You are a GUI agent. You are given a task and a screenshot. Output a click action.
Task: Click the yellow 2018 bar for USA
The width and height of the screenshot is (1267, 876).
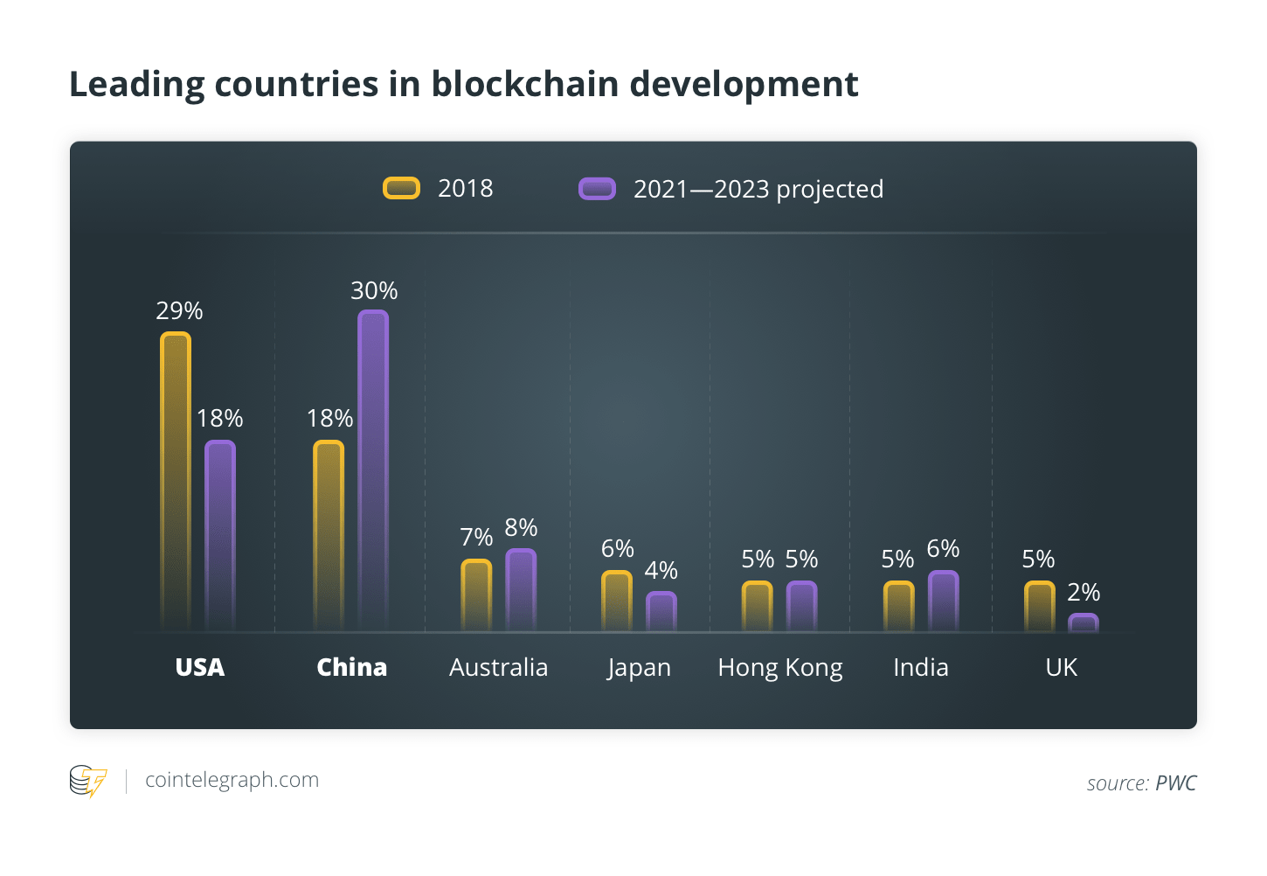176,481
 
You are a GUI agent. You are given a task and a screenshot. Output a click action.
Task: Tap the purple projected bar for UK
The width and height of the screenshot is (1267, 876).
1084,622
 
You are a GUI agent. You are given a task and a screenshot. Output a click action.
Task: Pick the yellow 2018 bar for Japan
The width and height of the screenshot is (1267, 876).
617,601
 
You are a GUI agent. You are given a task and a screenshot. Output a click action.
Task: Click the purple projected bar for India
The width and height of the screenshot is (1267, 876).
944,601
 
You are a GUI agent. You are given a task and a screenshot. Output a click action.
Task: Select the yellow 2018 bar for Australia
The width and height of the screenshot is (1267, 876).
476,594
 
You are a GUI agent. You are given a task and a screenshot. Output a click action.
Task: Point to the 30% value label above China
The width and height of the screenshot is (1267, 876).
374,290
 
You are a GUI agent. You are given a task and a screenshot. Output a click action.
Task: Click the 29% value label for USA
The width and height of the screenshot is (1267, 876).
179,310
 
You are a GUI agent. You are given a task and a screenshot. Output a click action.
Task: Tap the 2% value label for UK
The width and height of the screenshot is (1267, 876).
1084,592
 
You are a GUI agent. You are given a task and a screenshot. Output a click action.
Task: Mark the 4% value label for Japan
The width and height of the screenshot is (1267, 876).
661,570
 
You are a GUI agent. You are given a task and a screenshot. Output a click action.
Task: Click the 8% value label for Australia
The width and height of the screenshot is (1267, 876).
521,527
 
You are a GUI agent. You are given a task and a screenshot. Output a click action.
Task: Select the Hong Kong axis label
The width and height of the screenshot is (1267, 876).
779,668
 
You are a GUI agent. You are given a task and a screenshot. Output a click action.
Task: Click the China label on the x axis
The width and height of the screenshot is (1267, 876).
351,667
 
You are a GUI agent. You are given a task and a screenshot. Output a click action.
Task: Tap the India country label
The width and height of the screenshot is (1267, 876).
920,667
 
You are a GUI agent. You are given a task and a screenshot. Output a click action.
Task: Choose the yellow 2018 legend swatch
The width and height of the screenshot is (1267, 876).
402,188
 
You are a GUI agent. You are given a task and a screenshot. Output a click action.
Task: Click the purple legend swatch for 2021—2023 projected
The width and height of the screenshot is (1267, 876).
598,189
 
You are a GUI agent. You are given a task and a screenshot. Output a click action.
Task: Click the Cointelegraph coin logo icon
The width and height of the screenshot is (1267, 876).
88,781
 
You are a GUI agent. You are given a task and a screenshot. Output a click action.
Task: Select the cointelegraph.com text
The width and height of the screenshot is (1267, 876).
232,780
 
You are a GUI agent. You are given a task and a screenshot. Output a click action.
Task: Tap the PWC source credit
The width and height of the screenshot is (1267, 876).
1175,783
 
